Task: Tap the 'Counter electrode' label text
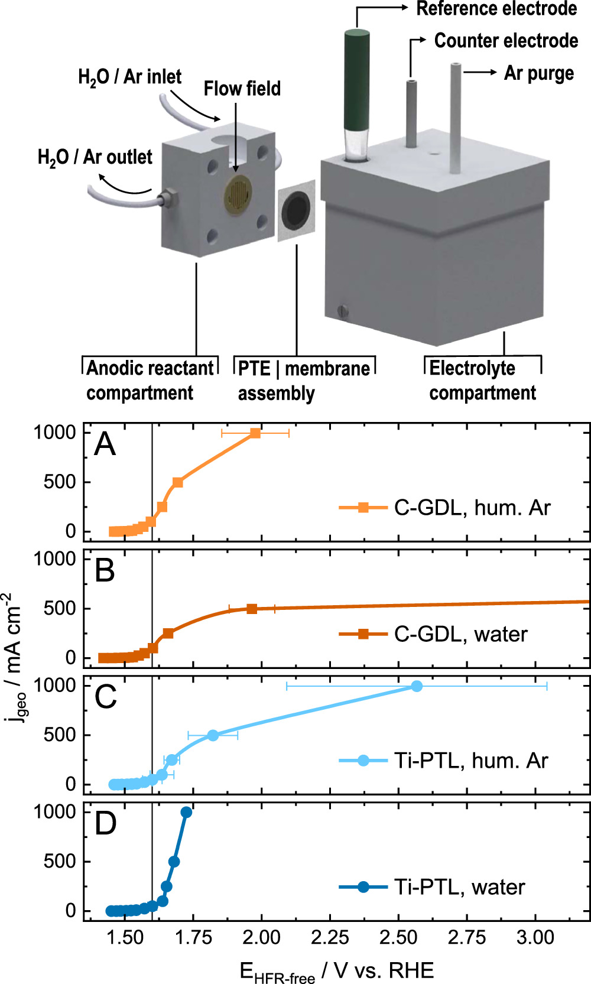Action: click(x=506, y=41)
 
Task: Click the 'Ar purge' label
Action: click(x=538, y=73)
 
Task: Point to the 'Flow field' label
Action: click(x=242, y=89)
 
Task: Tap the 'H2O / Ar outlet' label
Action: click(x=95, y=157)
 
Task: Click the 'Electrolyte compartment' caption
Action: click(x=482, y=380)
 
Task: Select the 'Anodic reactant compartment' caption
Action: click(x=150, y=380)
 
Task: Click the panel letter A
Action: click(x=105, y=444)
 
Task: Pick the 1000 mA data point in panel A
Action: click(x=255, y=433)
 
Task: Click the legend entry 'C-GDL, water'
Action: click(x=460, y=634)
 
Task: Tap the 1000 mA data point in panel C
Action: click(x=417, y=686)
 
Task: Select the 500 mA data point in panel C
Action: click(x=213, y=735)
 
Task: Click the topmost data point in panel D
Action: click(x=186, y=813)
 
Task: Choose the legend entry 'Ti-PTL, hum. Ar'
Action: click(x=470, y=761)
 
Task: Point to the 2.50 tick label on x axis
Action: click(x=398, y=937)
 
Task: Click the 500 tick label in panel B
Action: click(x=59, y=609)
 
